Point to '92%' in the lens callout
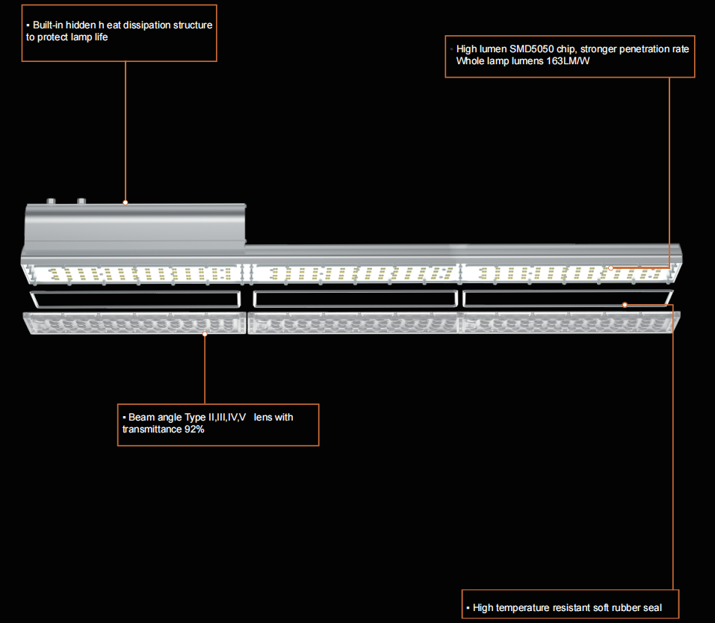194,430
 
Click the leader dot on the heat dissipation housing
125,202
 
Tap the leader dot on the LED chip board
610,267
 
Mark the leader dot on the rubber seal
625,305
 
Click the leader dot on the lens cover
205,334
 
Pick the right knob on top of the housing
80,201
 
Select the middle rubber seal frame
354,300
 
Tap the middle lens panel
354,323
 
